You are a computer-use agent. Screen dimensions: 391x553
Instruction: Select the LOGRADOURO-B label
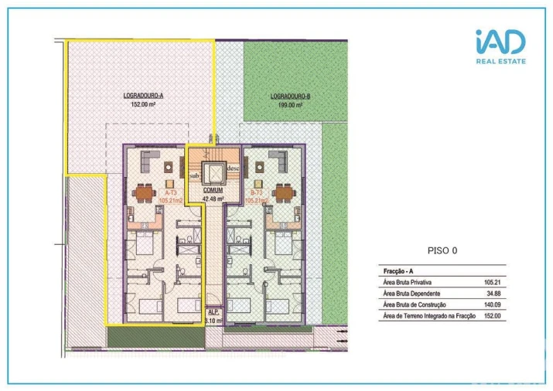coord(291,96)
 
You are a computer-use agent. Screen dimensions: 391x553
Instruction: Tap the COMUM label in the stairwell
coord(213,189)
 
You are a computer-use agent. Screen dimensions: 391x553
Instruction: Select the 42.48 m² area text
coord(213,198)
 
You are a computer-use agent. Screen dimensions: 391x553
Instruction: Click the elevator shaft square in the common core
coord(213,171)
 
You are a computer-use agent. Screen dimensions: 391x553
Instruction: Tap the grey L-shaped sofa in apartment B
coord(282,161)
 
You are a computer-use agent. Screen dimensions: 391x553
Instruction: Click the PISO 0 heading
coord(443,250)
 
